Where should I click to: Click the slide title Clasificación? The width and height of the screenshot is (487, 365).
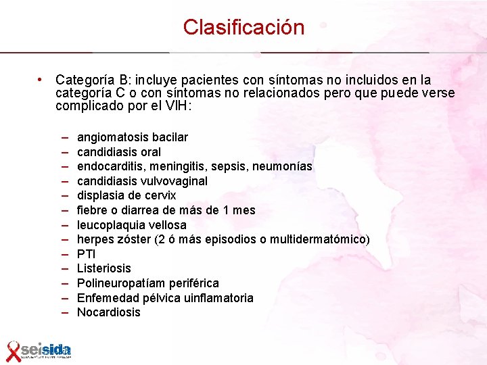243,28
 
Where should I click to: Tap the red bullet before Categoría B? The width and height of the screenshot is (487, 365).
41,80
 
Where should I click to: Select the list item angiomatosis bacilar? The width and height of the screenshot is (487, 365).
133,137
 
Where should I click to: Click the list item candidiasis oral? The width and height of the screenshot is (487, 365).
119,152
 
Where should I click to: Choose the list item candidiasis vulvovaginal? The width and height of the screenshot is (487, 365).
142,181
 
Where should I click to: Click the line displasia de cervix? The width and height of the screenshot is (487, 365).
126,195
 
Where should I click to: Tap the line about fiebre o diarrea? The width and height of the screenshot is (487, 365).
166,210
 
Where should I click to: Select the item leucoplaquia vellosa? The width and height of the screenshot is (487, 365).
132,225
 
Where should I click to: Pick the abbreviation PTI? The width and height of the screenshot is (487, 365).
87,254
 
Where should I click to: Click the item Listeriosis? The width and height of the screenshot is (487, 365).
104,269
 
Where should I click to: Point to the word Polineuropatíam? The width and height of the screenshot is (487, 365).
120,283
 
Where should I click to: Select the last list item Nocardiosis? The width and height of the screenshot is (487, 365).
109,312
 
